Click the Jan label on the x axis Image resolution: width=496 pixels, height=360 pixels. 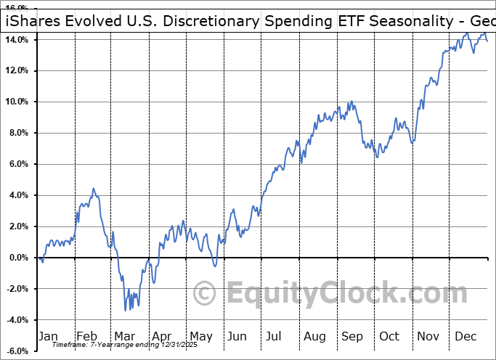point(49,337)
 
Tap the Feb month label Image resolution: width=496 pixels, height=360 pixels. point(86,337)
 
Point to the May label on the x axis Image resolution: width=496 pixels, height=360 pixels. point(200,337)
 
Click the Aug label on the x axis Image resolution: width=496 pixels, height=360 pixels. point(315,337)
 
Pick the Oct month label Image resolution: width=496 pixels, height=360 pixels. point(390,337)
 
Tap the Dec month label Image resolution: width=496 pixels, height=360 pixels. point(465,337)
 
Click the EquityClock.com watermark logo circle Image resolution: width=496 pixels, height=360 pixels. point(206,294)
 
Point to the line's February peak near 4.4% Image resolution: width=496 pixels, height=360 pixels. point(93,189)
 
